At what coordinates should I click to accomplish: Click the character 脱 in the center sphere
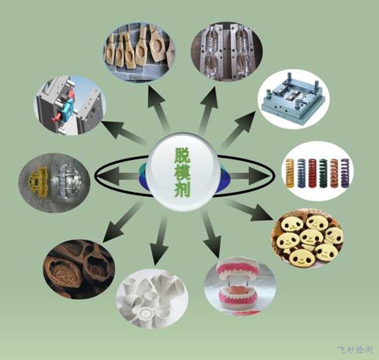182,154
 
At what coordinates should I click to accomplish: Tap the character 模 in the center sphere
182,172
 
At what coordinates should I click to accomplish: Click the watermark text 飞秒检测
355,350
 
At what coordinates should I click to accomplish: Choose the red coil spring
312,172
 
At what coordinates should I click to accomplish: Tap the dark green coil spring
323,172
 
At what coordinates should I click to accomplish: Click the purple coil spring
345,173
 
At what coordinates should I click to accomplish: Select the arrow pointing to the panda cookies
250,211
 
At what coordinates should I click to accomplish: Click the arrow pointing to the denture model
211,234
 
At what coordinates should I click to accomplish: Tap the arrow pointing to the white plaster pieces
160,239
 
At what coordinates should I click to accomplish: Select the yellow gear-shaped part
40,182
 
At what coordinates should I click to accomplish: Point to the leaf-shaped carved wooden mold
64,274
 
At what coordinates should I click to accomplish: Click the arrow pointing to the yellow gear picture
119,176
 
